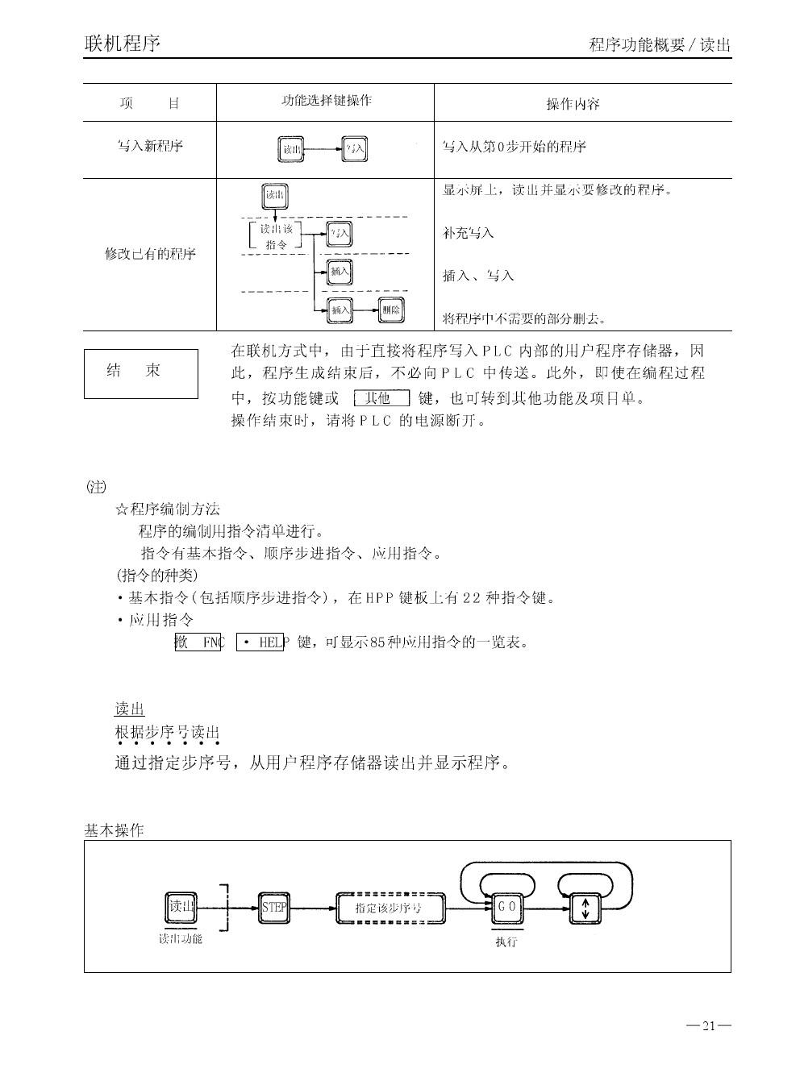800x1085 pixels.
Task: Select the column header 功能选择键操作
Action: tap(326, 101)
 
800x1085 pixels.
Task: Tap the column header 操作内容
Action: tap(573, 104)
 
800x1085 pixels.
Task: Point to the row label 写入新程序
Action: tap(150, 146)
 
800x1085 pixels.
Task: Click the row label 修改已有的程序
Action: tap(150, 254)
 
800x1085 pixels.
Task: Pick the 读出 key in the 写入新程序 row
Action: tap(291, 149)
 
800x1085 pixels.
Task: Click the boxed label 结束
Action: tap(140, 372)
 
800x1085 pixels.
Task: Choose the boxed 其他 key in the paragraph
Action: tap(381, 397)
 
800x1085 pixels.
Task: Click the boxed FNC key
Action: tap(198, 642)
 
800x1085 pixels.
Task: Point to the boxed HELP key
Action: tap(260, 642)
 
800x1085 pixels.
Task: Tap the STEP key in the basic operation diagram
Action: tap(274, 908)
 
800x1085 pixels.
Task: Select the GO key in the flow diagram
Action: tap(506, 908)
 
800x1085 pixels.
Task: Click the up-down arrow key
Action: tap(585, 908)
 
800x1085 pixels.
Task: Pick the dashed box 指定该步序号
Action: tap(390, 908)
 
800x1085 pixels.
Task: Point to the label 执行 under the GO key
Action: tap(506, 942)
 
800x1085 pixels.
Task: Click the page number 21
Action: tap(709, 1026)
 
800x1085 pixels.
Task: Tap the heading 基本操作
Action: tap(114, 830)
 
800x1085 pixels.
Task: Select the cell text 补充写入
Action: tap(468, 233)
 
